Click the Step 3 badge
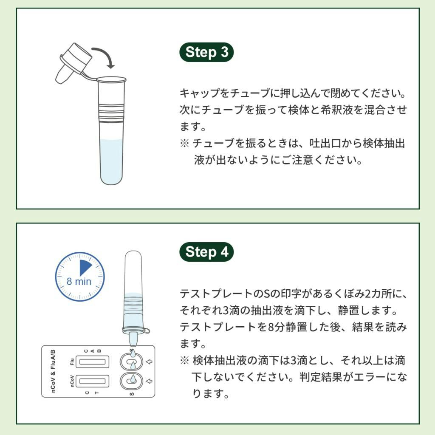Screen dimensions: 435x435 tap(207, 52)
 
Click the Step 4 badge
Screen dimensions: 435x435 tap(207, 252)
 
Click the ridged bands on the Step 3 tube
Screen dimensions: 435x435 tap(112, 110)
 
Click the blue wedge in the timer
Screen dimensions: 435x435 tap(85, 268)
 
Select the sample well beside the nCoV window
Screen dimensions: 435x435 tap(132, 381)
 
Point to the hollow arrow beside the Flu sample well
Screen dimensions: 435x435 tap(148, 362)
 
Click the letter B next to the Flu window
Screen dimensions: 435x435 tap(99, 351)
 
